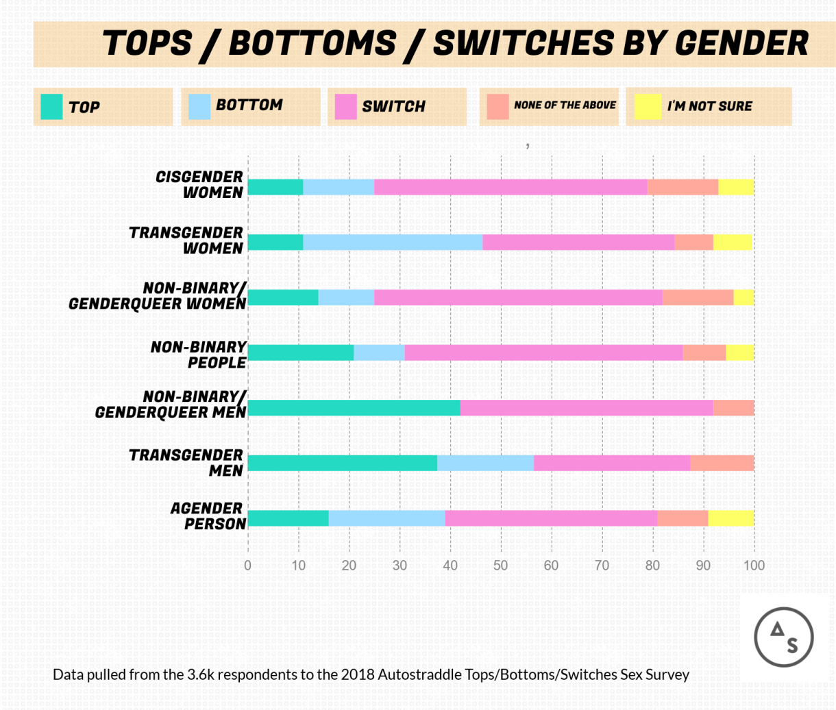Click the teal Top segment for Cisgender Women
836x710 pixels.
click(x=275, y=187)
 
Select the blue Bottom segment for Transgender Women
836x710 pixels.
click(x=393, y=242)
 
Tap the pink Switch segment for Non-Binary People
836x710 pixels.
click(x=543, y=353)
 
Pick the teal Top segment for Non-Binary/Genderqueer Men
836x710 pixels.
click(x=354, y=408)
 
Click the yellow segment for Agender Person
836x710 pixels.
click(x=731, y=518)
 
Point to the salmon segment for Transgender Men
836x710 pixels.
click(x=722, y=463)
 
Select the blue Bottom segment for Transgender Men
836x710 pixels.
click(x=485, y=463)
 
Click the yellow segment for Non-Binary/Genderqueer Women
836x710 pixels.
click(x=743, y=297)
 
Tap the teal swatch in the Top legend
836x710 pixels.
click(x=51, y=107)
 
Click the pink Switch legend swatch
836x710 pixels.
click(x=345, y=107)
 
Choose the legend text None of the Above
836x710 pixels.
click(x=565, y=105)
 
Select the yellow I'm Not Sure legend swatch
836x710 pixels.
click(x=648, y=107)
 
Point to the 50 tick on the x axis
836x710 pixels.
click(x=501, y=566)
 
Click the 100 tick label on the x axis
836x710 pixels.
click(x=754, y=566)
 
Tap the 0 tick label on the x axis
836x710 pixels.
click(x=247, y=566)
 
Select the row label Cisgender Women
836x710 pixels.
click(x=199, y=185)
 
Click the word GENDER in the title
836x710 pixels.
click(x=741, y=44)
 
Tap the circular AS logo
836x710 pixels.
click(x=784, y=637)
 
